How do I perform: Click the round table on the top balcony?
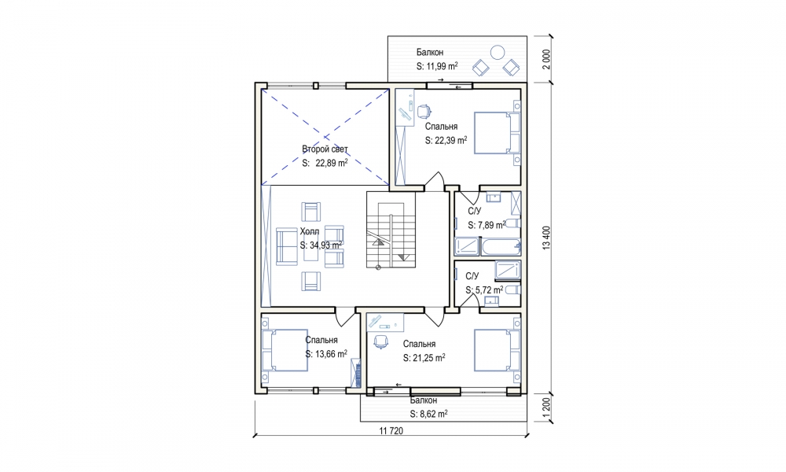498,52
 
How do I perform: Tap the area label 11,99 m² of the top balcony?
437,66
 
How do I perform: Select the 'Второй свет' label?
325,149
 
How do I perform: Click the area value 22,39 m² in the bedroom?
446,141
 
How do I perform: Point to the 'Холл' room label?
309,231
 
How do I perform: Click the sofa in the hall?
287,246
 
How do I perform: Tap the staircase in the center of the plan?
391,230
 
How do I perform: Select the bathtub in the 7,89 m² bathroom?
500,247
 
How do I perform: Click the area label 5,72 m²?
484,290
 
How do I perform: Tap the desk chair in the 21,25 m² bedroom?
381,341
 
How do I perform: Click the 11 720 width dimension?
391,430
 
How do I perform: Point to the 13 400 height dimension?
546,238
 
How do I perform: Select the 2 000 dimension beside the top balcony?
546,59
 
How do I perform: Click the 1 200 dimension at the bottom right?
546,407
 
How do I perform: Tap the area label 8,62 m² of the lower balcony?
428,414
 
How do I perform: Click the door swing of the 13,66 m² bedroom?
345,317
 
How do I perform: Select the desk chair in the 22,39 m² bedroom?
424,110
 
